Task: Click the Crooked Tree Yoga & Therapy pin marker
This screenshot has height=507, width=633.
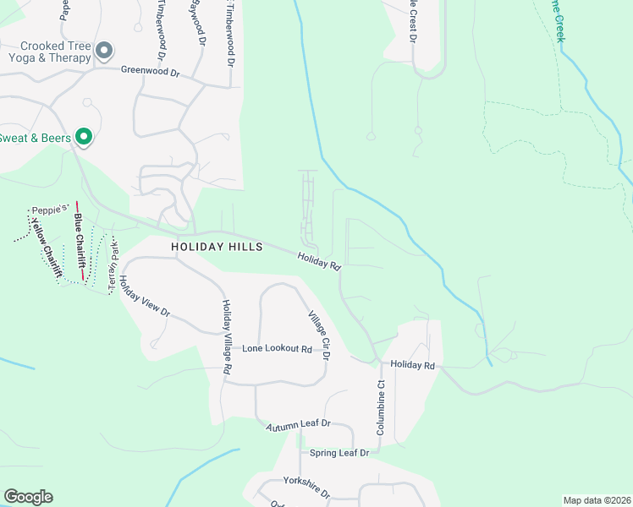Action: pos(104,52)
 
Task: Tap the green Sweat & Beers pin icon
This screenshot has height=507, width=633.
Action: pos(83,136)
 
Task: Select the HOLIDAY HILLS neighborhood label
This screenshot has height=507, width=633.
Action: pos(216,247)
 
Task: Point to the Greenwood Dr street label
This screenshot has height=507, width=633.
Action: pos(151,73)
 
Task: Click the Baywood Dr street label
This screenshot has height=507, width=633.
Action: pos(199,23)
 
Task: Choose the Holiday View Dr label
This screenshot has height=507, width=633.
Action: pos(144,300)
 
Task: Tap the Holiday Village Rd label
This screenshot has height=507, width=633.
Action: pos(227,336)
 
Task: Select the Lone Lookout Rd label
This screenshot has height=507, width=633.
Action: pos(277,348)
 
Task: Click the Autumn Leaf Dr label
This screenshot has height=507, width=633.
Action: pos(298,426)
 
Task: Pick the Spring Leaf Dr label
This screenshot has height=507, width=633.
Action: pos(339,453)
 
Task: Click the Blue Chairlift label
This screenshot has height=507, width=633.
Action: pos(79,247)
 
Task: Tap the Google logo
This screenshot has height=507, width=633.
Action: pos(28,497)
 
